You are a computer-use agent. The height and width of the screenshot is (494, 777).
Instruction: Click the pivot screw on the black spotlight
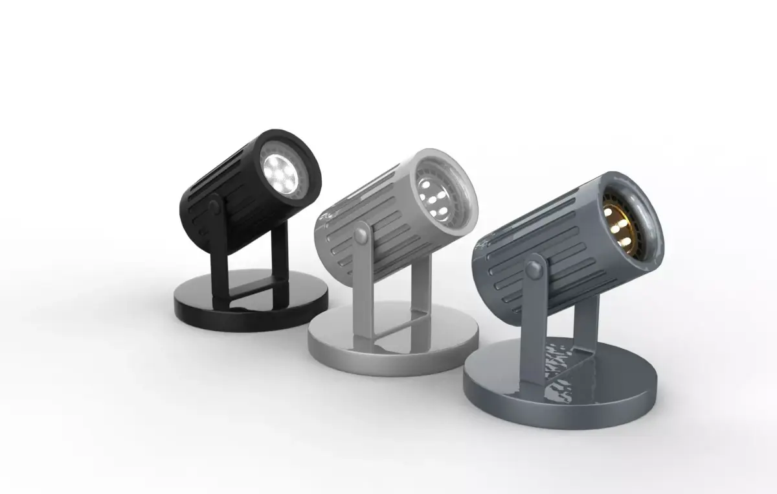tap(212, 207)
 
